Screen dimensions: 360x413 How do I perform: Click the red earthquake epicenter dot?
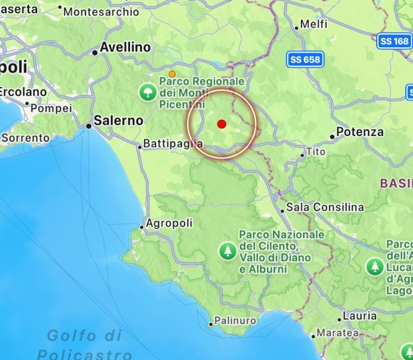[222, 124]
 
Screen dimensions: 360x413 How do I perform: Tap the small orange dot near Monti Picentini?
[172, 74]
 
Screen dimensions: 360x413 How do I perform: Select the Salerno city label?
[118, 120]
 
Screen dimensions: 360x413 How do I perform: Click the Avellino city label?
[125, 48]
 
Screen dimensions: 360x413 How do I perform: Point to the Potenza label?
[360, 132]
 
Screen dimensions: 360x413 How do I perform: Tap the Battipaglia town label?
[173, 144]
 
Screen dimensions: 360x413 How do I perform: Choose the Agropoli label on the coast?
[169, 223]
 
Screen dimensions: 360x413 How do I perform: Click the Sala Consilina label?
[325, 207]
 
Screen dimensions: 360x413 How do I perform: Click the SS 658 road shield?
[306, 60]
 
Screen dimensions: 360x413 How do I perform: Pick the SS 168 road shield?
[394, 41]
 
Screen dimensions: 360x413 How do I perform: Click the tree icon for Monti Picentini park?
[148, 92]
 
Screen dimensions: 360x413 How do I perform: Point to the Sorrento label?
[26, 138]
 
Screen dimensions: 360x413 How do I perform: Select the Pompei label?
[51, 108]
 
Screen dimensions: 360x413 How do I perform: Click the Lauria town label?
[359, 316]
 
